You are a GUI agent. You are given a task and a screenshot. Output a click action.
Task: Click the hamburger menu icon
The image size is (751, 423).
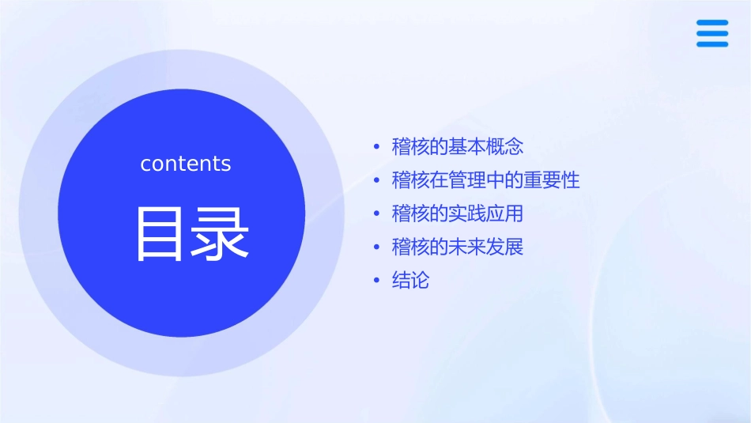pos(711,33)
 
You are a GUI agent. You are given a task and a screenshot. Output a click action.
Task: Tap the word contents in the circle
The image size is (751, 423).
pos(186,164)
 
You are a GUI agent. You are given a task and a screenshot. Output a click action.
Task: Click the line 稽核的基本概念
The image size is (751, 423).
pos(458,147)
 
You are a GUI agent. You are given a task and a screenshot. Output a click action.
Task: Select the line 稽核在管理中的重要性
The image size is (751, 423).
pos(485,180)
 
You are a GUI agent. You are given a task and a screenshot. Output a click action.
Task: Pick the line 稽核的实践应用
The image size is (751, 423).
pos(458,213)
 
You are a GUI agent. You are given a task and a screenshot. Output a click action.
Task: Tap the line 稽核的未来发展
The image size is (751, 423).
pos(458,247)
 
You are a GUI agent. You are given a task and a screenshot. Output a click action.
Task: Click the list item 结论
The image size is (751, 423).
pos(410,280)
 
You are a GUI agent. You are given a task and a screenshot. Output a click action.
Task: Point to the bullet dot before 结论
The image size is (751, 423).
pos(376,281)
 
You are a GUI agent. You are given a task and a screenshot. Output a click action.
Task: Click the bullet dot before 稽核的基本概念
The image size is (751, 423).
pos(376,148)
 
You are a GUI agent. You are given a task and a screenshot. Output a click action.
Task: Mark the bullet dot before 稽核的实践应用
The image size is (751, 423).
pos(376,214)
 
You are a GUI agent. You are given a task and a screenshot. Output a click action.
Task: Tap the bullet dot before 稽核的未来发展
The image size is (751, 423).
pos(376,247)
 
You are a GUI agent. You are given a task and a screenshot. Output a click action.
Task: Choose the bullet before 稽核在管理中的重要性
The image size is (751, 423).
pos(376,181)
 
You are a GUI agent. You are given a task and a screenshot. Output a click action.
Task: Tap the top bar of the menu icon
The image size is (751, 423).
pos(711,23)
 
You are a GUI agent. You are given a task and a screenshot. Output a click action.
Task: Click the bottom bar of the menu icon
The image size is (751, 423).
pos(711,44)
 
